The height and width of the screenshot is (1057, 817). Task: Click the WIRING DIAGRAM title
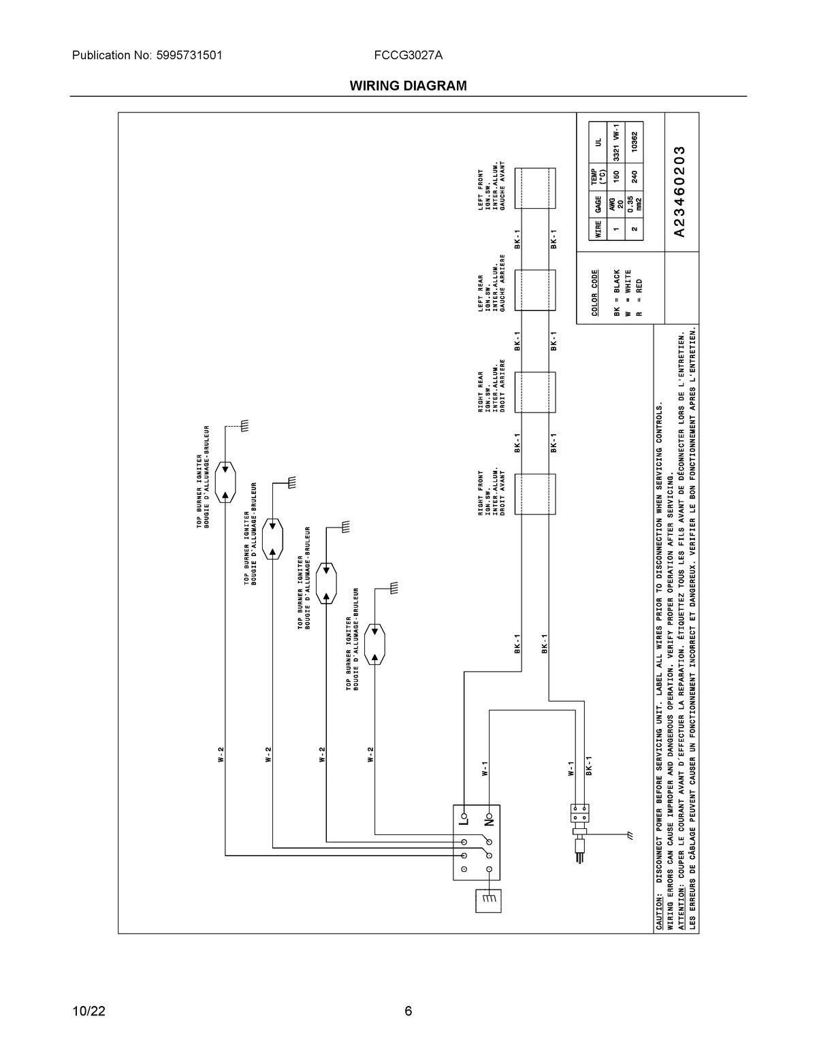click(408, 86)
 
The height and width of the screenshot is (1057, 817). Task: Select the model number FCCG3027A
click(408, 56)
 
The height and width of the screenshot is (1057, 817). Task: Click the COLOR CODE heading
click(594, 293)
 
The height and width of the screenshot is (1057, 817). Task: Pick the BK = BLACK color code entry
click(617, 293)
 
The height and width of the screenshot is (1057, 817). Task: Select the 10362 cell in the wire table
click(634, 142)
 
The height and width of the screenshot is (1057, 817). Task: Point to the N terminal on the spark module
click(488, 817)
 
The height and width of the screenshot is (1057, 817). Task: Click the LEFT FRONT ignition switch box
click(534, 188)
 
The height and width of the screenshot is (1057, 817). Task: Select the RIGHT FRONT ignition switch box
click(534, 494)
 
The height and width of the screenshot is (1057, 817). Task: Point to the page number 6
click(408, 1011)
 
